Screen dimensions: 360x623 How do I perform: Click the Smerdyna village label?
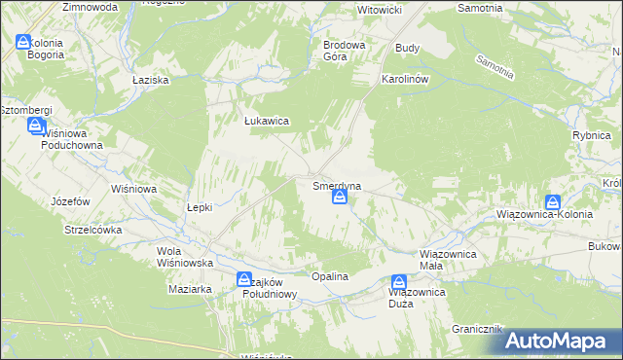pyautogui.click(x=338, y=184)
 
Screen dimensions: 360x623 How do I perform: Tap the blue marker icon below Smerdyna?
pyautogui.click(x=339, y=198)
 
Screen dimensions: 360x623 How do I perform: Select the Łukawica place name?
pyautogui.click(x=265, y=122)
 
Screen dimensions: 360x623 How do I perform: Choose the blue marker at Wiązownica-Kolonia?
pyautogui.click(x=553, y=202)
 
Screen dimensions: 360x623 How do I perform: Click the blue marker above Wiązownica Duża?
pyautogui.click(x=398, y=280)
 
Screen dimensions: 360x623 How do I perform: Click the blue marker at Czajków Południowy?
pyautogui.click(x=243, y=280)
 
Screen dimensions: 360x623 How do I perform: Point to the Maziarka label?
pyautogui.click(x=190, y=289)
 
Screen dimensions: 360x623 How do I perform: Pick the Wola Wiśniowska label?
pyautogui.click(x=185, y=257)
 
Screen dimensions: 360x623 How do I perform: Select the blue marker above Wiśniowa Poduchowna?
pyautogui.click(x=35, y=126)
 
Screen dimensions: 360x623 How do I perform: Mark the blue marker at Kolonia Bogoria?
pyautogui.click(x=23, y=42)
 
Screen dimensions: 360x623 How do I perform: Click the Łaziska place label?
pyautogui.click(x=151, y=79)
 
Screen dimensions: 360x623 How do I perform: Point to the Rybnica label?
pyautogui.click(x=591, y=137)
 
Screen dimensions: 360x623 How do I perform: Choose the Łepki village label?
pyautogui.click(x=200, y=207)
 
